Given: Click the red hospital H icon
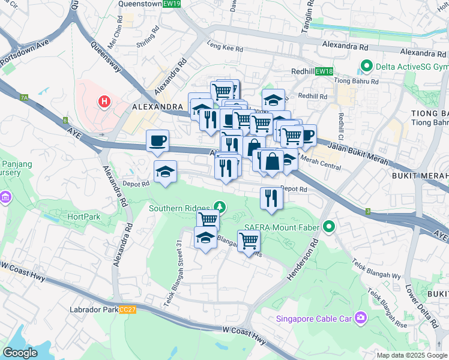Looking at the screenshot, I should [104, 101].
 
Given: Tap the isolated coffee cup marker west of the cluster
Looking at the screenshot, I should [158, 141].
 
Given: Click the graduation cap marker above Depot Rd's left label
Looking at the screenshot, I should [166, 172].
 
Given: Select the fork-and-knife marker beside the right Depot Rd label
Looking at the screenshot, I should [271, 199].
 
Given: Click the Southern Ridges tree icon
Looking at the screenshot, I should [220, 208].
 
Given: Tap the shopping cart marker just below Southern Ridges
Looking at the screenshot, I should [208, 220].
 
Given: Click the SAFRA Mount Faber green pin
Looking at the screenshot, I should [328, 227].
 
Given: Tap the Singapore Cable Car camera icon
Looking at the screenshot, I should [360, 317].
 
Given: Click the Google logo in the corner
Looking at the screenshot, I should [20, 353].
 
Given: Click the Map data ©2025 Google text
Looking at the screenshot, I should [411, 355].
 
